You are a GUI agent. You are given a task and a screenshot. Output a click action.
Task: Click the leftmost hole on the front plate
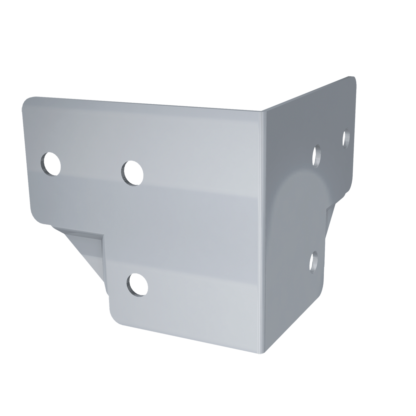(51, 164)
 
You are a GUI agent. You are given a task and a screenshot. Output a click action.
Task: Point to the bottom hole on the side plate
(314, 262)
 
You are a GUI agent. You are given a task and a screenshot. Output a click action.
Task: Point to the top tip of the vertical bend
(264, 110)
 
